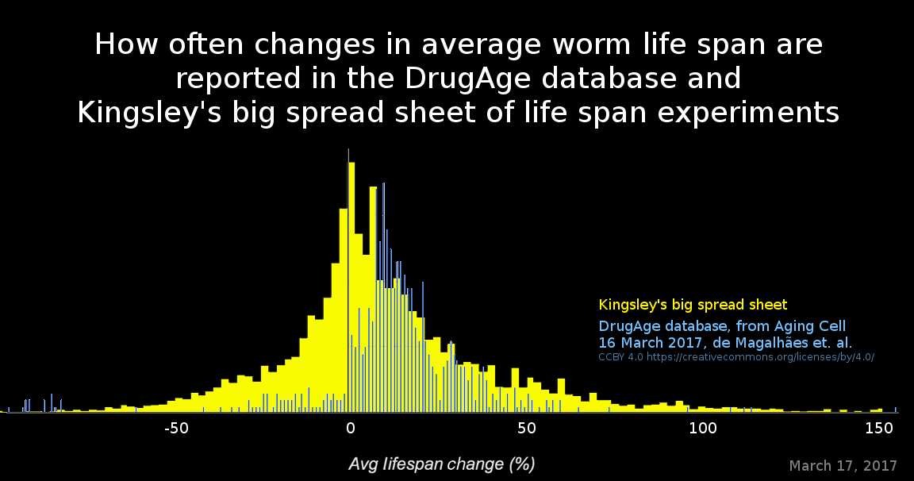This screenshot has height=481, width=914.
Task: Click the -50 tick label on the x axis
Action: (175, 429)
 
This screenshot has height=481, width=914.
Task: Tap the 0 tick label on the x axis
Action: (350, 429)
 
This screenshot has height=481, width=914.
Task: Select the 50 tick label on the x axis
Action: (526, 429)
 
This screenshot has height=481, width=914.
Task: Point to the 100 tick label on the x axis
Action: (702, 429)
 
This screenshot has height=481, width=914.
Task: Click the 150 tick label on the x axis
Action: (878, 429)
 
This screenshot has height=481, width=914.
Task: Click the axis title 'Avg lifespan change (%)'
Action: (441, 464)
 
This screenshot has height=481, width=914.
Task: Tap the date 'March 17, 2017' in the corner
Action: (843, 465)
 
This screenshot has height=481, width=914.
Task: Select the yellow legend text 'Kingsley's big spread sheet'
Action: (693, 305)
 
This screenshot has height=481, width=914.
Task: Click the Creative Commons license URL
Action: (760, 357)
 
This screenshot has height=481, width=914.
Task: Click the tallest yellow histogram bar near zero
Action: (351, 286)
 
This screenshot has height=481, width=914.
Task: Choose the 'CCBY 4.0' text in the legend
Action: (620, 357)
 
